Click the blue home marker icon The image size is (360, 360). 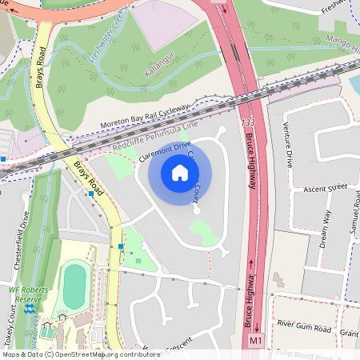180,172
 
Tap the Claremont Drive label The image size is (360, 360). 164,152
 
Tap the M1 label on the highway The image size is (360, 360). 255,341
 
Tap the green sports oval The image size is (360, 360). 75,286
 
